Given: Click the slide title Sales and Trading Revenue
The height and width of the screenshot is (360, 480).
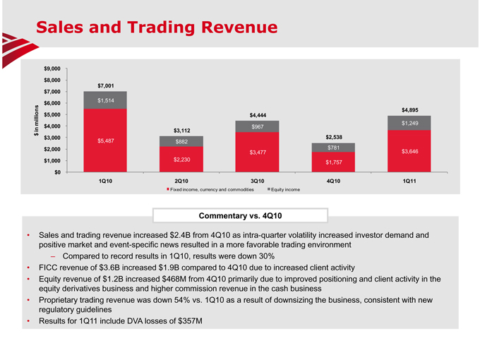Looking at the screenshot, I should coord(157,27).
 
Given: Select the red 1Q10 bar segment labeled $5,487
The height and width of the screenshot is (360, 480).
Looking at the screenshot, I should coord(105,140).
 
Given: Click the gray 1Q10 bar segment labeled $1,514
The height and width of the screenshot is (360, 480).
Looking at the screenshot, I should coord(105,100).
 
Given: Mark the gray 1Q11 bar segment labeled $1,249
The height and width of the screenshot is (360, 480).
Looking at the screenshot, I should coord(409,123).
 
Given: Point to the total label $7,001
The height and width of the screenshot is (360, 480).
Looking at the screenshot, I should coord(106,86).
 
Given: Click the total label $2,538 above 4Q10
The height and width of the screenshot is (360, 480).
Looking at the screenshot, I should coord(334,137).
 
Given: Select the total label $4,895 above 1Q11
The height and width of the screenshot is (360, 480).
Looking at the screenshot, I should coord(410,109).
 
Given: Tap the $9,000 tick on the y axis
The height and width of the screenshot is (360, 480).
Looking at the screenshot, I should coord(52,68).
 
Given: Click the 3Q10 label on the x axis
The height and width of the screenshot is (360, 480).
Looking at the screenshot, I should coord(258,181).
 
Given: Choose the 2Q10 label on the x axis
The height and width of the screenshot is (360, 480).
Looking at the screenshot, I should coord(181,181).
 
